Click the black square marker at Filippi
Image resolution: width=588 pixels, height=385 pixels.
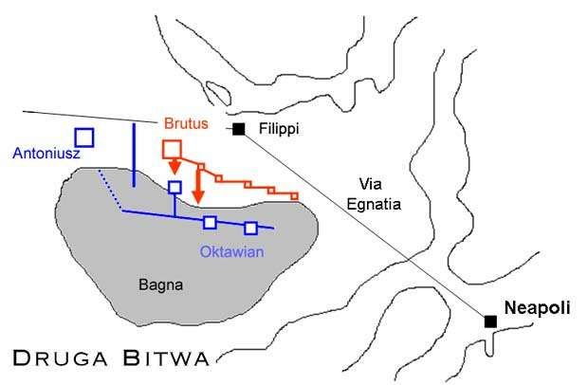point(238,128)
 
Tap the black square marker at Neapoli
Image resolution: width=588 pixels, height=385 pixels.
point(490,321)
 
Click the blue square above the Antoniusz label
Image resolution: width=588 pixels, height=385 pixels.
point(84,137)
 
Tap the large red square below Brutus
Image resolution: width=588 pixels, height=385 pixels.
point(173,149)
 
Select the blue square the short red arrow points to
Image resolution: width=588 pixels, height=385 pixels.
point(175,187)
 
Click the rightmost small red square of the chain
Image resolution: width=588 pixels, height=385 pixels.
point(294,195)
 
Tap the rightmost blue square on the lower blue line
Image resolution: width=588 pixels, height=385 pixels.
point(250,228)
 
